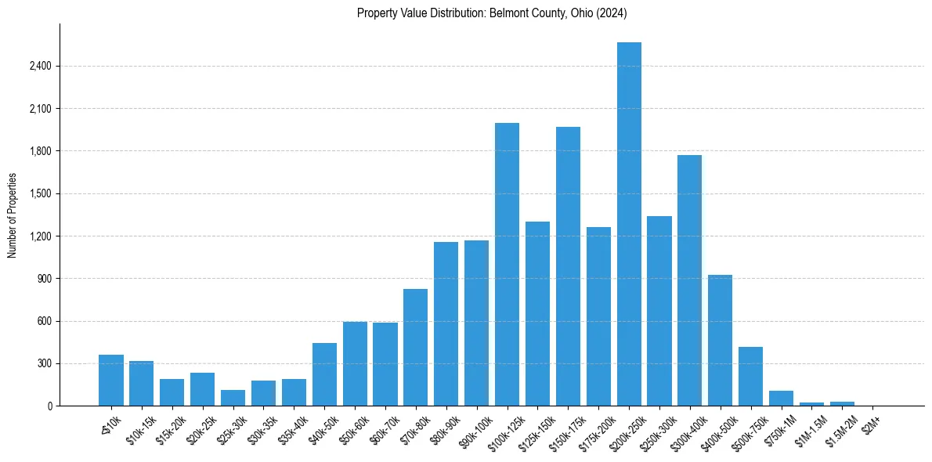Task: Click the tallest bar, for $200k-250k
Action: pos(629,224)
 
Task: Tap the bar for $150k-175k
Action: pos(568,266)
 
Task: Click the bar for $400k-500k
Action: pos(720,341)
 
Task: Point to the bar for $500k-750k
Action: pos(750,377)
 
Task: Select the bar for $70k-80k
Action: pos(415,348)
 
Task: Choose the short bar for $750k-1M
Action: pos(781,399)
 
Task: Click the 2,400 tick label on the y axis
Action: pos(40,66)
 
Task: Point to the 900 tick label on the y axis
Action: pos(44,279)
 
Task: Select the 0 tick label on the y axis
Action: pos(49,406)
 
